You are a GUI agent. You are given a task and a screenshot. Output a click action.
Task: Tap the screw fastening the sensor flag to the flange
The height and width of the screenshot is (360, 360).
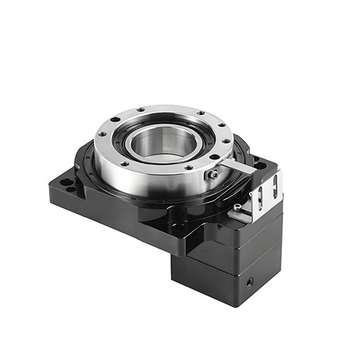pos(214,175)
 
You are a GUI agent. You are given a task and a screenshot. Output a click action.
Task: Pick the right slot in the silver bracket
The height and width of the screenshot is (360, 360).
pos(275,185)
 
